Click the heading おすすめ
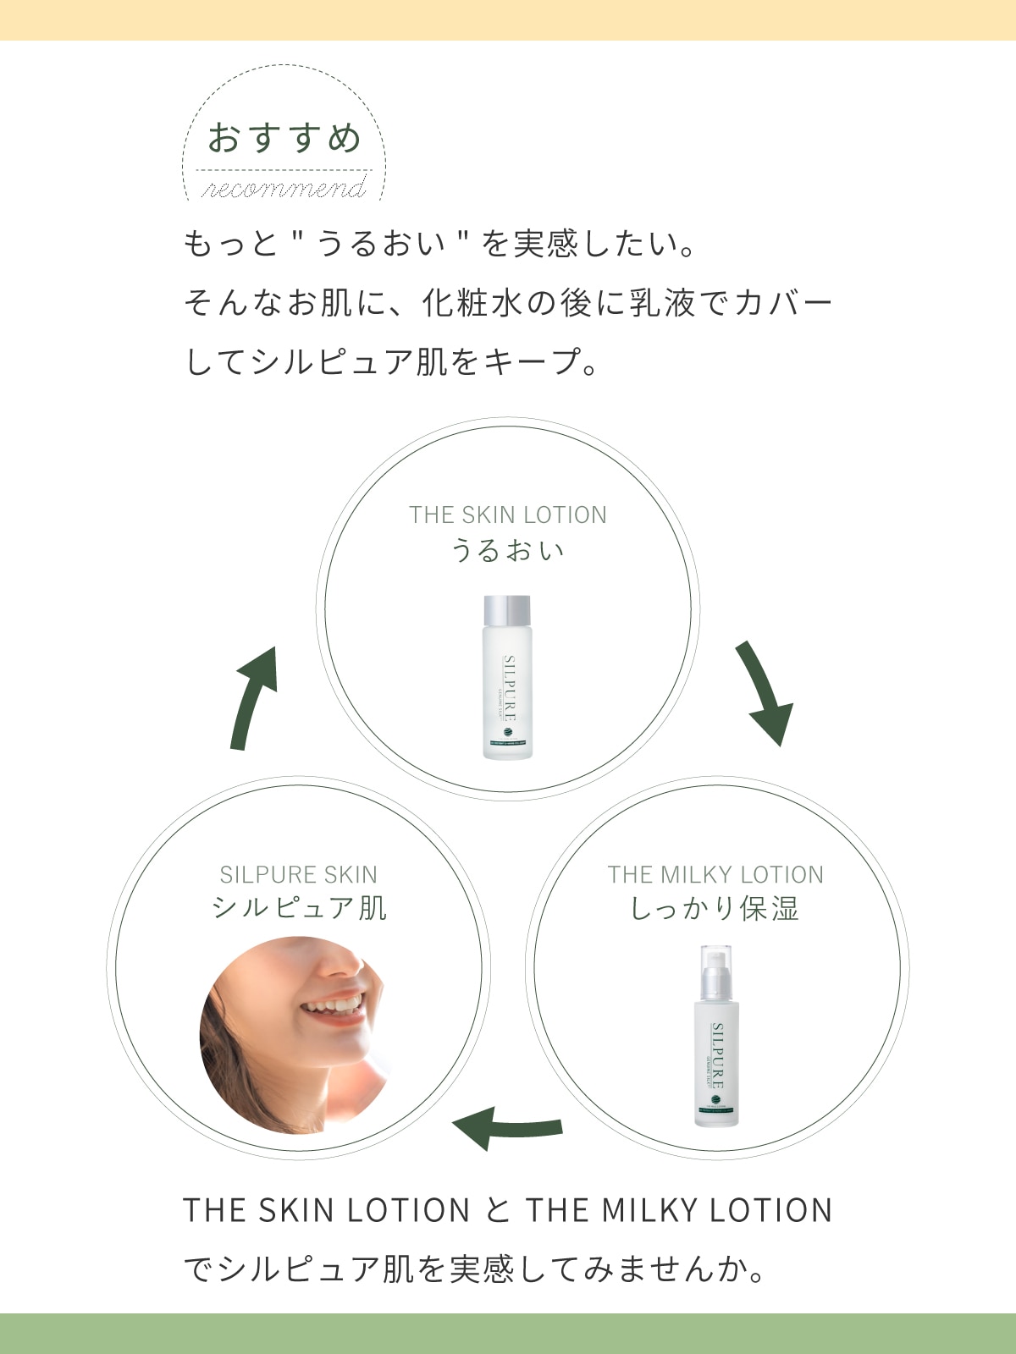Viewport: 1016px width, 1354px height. pyautogui.click(x=284, y=138)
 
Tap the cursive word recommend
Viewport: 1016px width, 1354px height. pyautogui.click(x=284, y=188)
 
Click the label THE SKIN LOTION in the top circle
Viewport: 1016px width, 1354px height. pyautogui.click(x=508, y=515)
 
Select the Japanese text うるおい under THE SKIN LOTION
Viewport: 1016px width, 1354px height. pyautogui.click(x=508, y=551)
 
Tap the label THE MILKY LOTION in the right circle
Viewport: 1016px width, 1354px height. pyautogui.click(x=715, y=874)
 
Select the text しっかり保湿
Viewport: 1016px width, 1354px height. pyautogui.click(x=715, y=910)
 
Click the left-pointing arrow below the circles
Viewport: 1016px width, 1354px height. pyautogui.click(x=506, y=1128)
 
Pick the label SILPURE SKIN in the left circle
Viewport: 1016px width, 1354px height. pyautogui.click(x=299, y=874)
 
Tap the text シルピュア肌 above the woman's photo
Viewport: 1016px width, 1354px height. pyautogui.click(x=299, y=908)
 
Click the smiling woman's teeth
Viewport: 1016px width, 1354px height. pyautogui.click(x=335, y=1004)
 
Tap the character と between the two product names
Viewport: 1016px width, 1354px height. pyautogui.click(x=498, y=1210)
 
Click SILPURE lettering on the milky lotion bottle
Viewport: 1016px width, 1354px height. pyautogui.click(x=718, y=1054)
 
